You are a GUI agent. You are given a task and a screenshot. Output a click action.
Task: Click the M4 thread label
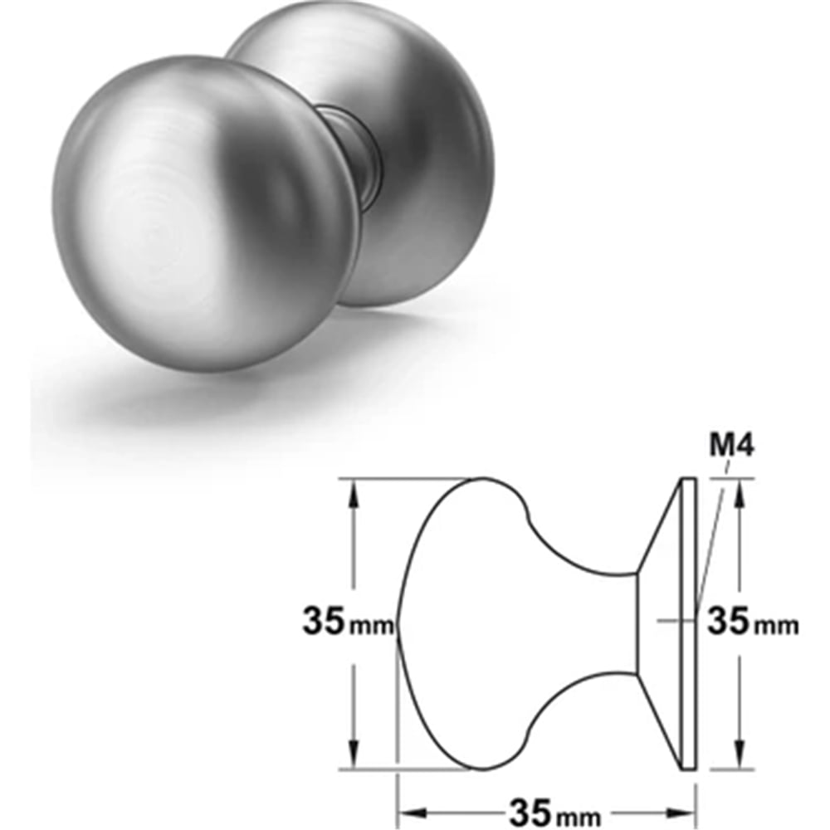[x=731, y=447]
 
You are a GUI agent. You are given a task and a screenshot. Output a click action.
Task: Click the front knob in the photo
[x=204, y=212]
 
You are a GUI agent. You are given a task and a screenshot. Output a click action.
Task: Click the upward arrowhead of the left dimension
[x=354, y=495]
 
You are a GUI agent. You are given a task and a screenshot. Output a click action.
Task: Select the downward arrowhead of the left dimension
[x=354, y=751]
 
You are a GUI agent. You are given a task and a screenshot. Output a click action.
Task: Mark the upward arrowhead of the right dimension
[x=740, y=495]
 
